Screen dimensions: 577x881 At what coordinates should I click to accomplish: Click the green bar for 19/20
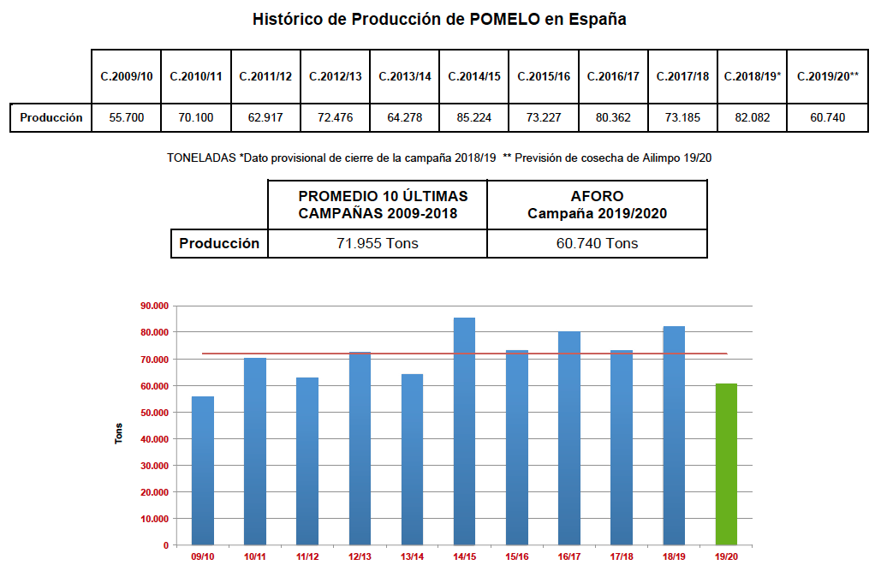pyautogui.click(x=725, y=464)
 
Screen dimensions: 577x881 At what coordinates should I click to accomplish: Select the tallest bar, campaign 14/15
pyautogui.click(x=464, y=431)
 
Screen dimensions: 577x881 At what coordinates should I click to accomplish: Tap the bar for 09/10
pyautogui.click(x=203, y=471)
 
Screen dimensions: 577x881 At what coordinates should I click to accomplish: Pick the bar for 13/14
pyautogui.click(x=412, y=459)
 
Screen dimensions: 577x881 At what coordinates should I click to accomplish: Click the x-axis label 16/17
pyautogui.click(x=568, y=557)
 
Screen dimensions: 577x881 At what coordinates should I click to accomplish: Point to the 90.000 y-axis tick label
pyautogui.click(x=154, y=306)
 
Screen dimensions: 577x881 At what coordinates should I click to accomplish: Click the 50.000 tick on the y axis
pyautogui.click(x=154, y=413)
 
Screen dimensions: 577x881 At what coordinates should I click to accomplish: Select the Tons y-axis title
pyautogui.click(x=119, y=433)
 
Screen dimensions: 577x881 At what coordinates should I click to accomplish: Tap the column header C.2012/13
pyautogui.click(x=335, y=76)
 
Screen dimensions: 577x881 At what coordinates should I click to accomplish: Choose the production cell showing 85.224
pyautogui.click(x=473, y=117)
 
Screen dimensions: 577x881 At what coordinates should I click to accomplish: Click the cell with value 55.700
pyautogui.click(x=126, y=117)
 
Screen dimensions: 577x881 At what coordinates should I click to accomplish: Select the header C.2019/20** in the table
pyautogui.click(x=827, y=76)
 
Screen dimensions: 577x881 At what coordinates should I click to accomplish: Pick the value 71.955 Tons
pyautogui.click(x=378, y=243)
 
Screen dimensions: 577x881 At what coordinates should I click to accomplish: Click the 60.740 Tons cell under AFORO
pyautogui.click(x=597, y=243)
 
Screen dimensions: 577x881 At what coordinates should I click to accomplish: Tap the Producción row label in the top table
pyautogui.click(x=51, y=117)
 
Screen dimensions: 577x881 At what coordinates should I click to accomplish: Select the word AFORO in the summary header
pyautogui.click(x=597, y=196)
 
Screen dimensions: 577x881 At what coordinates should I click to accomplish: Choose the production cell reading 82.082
pyautogui.click(x=752, y=117)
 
